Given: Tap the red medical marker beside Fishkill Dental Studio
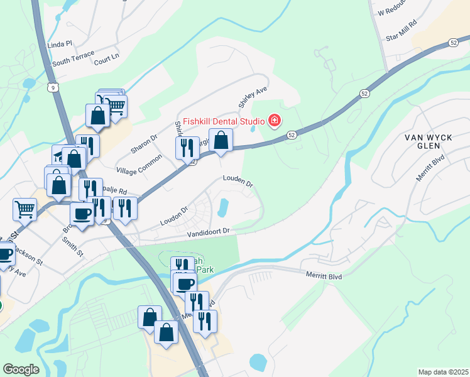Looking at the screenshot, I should click(x=274, y=120).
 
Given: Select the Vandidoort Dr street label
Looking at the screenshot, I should click(x=209, y=233).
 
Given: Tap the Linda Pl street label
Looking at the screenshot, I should click(x=60, y=45).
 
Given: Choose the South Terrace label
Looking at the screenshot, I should click(x=74, y=62).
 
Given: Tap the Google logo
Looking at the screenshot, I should click(x=21, y=369).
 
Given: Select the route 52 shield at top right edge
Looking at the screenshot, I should click(x=453, y=42).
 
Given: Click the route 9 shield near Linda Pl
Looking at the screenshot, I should click(x=55, y=87).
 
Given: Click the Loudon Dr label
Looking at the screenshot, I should click(x=174, y=217).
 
